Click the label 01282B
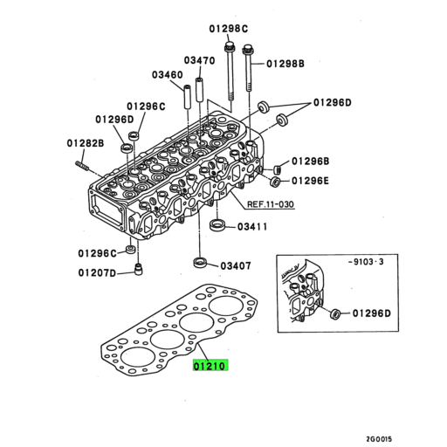tap(85, 142)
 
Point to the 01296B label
tap(310, 162)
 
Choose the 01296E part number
tap(310, 181)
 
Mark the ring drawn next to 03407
tap(200, 262)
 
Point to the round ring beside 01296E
tap(275, 182)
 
